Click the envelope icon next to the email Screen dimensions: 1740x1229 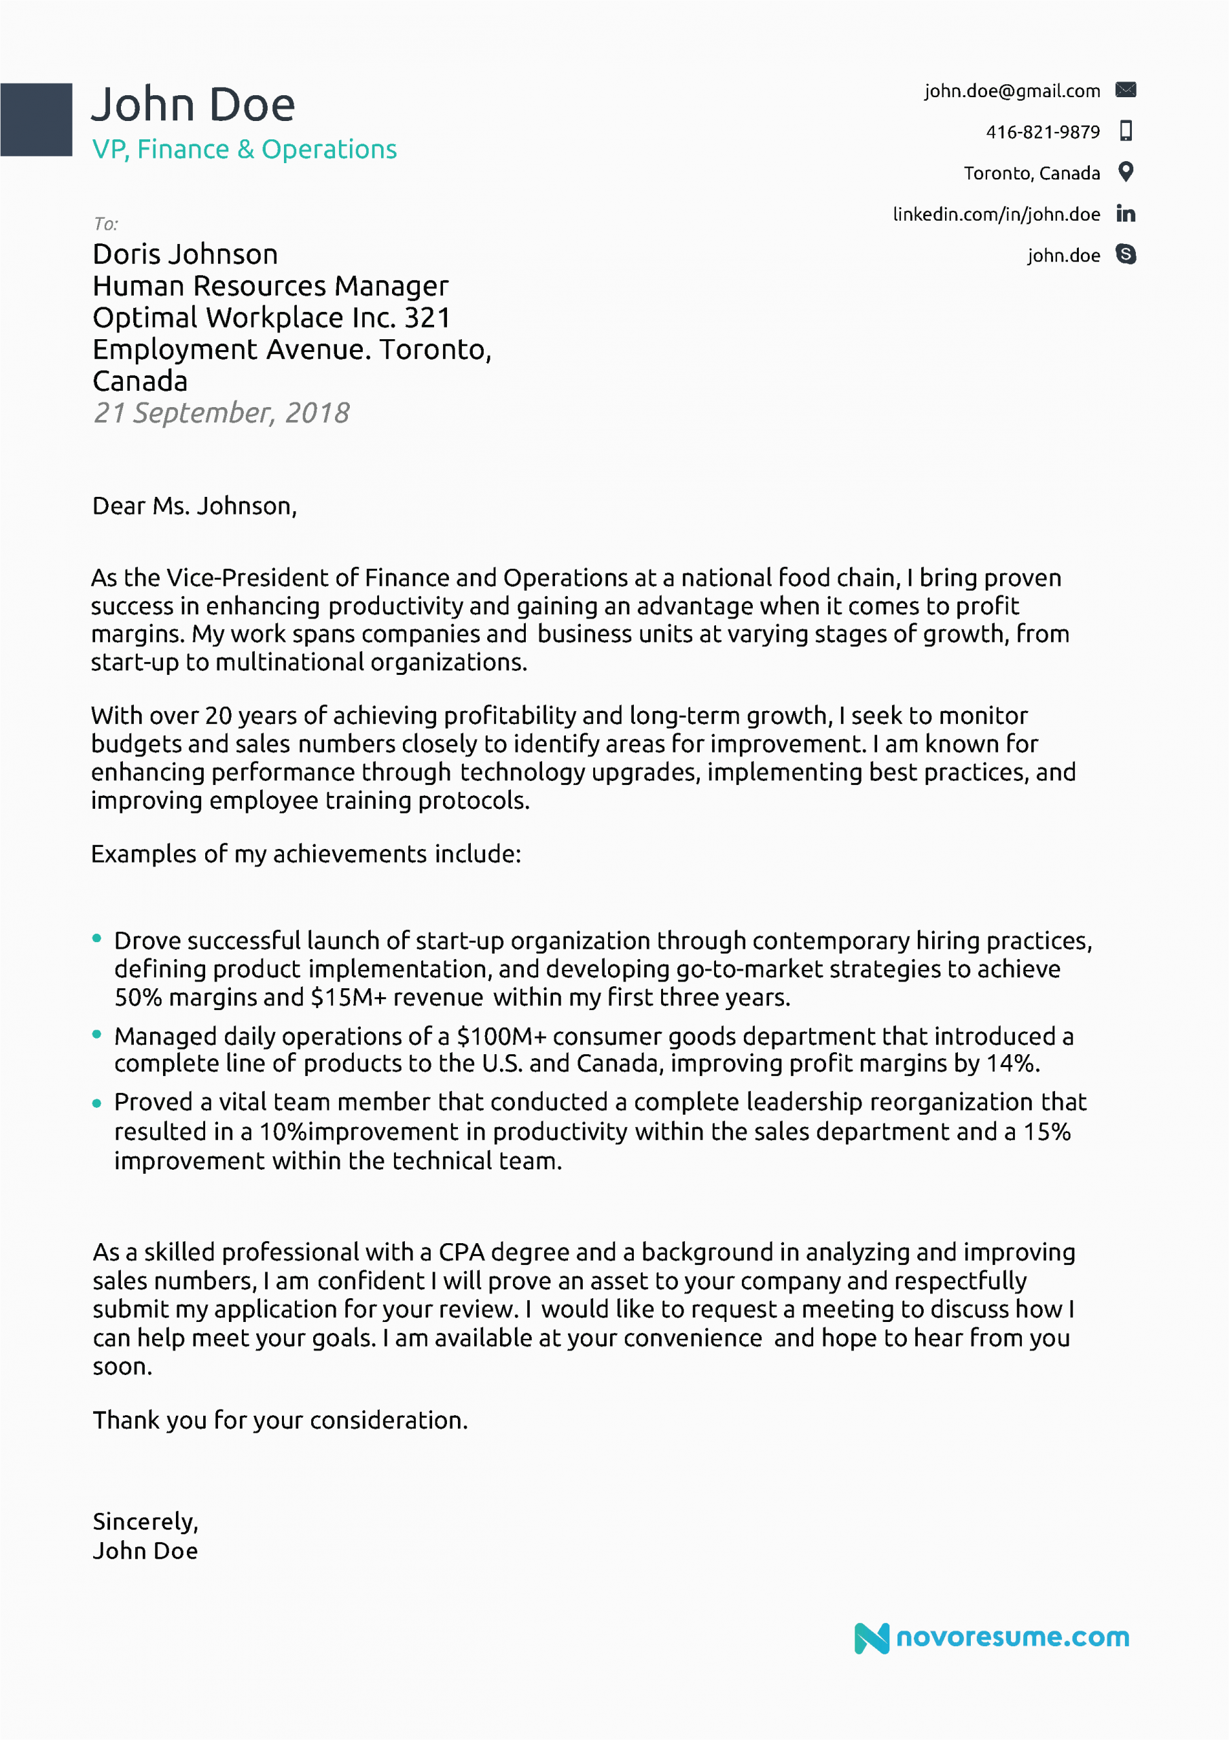pyautogui.click(x=1125, y=90)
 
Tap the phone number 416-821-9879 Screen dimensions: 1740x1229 pyautogui.click(x=1042, y=132)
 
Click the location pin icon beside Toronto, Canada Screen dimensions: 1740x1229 pyautogui.click(x=1125, y=172)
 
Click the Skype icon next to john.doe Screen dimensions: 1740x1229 pyautogui.click(x=1125, y=255)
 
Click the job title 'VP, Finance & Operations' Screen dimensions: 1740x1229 pyautogui.click(x=244, y=150)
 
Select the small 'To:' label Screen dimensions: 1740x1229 pyautogui.click(x=106, y=224)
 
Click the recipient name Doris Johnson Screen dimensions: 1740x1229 pyautogui.click(x=185, y=254)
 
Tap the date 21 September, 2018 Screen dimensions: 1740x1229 pyautogui.click(x=221, y=413)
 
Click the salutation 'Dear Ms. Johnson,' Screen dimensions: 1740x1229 pyautogui.click(x=194, y=506)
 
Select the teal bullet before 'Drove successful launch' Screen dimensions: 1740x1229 pyautogui.click(x=96, y=938)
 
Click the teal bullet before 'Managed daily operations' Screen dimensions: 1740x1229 pyautogui.click(x=96, y=1034)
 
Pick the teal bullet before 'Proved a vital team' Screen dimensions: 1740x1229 pyautogui.click(x=96, y=1103)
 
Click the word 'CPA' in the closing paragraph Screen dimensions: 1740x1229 pyautogui.click(x=461, y=1252)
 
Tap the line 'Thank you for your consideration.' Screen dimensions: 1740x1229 pyautogui.click(x=280, y=1419)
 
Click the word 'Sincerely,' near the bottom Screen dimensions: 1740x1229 pyautogui.click(x=145, y=1521)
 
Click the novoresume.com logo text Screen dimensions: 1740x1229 pyautogui.click(x=1012, y=1637)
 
